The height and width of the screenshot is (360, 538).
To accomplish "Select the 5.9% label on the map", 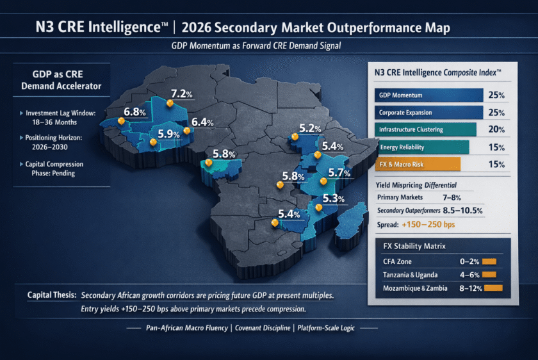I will pos(170,134).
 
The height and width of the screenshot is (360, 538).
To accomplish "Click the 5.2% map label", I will pos(309,128).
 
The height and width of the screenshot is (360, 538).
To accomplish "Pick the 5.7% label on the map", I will pos(339,172).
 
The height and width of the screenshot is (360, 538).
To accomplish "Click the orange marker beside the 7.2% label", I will pos(170,103).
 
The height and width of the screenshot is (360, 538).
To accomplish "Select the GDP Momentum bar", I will pos(428,95).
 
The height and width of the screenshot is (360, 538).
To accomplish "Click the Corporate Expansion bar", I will pos(428,113).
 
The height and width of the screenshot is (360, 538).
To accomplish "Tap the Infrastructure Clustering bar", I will pos(425,129).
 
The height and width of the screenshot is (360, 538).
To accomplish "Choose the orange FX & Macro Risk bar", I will pos(417,165).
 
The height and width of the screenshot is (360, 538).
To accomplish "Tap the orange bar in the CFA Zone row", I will pos(489,261).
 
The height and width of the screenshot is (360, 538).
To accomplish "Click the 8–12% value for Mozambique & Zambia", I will pos(471,289).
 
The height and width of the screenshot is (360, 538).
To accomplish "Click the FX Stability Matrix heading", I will pos(411,246).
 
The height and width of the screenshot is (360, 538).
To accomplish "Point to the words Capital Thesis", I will pos(52,295).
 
